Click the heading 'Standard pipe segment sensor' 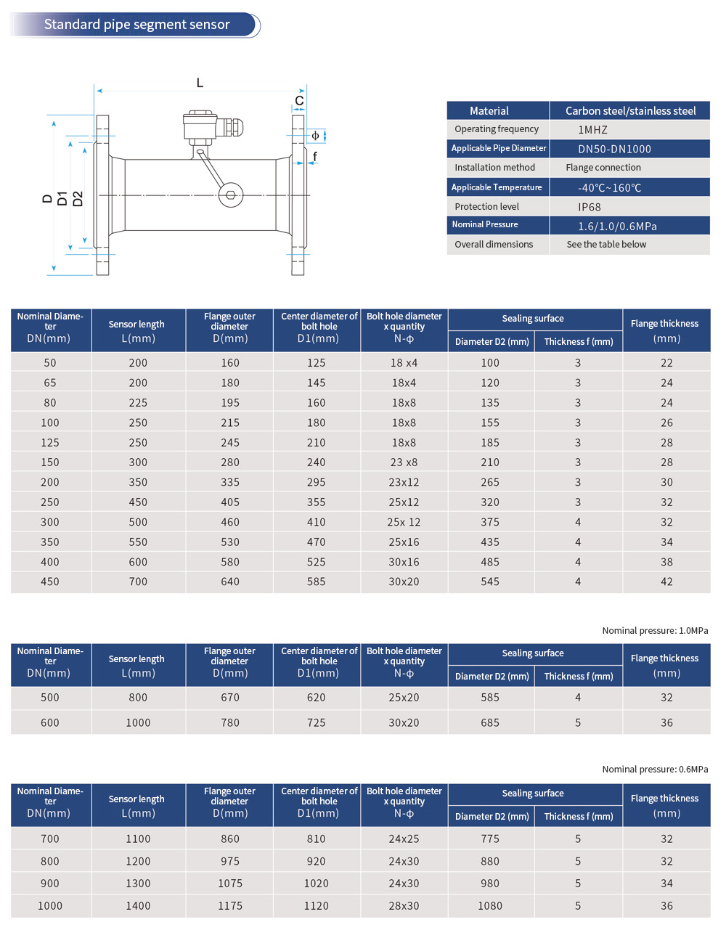[x=136, y=25]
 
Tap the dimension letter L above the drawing [x=200, y=83]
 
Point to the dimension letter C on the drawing [x=299, y=101]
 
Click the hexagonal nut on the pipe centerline [x=231, y=195]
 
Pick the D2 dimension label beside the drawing [x=78, y=198]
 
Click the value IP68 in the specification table [x=589, y=207]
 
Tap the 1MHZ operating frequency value [x=592, y=130]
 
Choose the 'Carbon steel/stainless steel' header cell [x=630, y=111]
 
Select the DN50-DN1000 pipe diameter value [x=614, y=149]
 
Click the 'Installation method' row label [x=494, y=168]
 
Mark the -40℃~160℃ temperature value [x=609, y=187]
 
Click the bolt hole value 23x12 [x=404, y=482]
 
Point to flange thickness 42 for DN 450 [x=666, y=582]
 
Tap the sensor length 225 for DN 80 [x=138, y=403]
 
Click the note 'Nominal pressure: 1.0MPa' [x=655, y=631]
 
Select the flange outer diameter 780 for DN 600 [x=230, y=722]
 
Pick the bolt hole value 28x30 [x=404, y=906]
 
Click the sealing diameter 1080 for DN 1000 [x=490, y=906]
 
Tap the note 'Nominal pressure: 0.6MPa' [x=655, y=770]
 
